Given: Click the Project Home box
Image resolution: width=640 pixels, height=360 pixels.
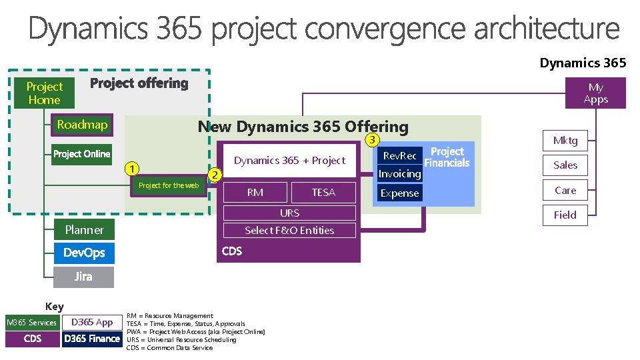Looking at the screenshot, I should (x=44, y=93).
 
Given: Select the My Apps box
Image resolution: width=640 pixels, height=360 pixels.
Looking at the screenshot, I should (x=595, y=93).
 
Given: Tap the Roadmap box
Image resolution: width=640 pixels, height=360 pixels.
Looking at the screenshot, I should (x=82, y=125).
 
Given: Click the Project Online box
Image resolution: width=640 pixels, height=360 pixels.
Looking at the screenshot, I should (x=81, y=154).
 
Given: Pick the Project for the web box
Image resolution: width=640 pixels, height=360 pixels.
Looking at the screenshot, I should (x=168, y=185).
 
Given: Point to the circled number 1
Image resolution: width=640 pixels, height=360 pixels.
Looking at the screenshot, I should (x=133, y=167).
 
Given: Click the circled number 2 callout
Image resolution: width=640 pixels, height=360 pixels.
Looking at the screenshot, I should (x=214, y=175).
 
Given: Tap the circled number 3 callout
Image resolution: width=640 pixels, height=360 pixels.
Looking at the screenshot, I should (x=373, y=139).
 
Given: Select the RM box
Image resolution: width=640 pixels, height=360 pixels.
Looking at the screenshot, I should (x=255, y=193).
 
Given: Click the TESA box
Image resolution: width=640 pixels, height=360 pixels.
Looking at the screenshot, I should (x=323, y=193).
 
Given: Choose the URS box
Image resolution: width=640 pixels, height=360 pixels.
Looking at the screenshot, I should (x=289, y=213).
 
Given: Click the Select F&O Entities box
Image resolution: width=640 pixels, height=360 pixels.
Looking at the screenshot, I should (x=289, y=231).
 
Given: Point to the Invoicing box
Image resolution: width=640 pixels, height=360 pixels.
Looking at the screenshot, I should (x=399, y=174).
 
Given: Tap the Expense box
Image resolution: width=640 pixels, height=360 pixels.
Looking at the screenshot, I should (x=399, y=193).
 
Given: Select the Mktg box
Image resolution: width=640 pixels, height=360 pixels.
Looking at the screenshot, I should (x=565, y=141).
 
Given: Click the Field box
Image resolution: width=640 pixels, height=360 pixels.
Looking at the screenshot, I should (x=565, y=215).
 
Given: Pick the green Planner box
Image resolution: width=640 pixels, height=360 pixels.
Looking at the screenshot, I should (x=84, y=230).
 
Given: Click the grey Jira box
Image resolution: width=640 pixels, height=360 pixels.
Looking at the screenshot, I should (x=84, y=277).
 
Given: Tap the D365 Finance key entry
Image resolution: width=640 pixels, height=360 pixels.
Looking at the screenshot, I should (x=92, y=339).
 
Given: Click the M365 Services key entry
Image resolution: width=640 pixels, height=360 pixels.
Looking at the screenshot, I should (x=32, y=323).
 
